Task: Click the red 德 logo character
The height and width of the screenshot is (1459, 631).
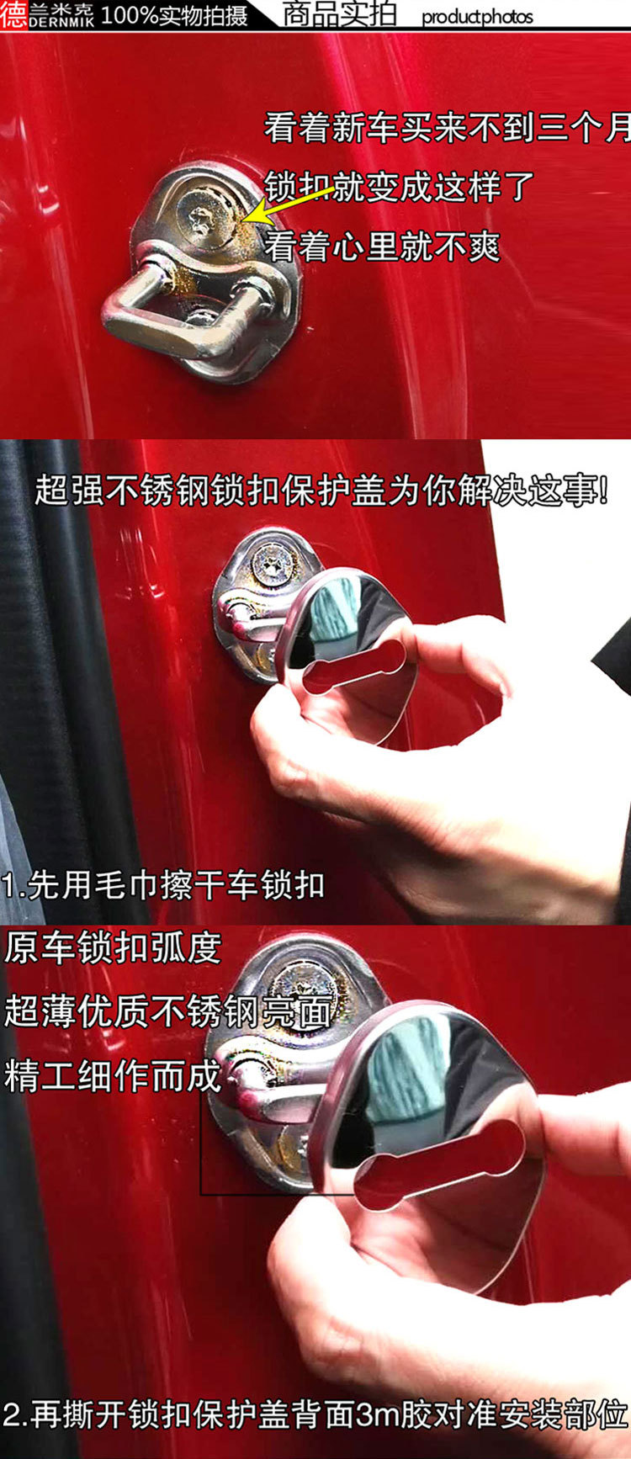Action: [14, 15]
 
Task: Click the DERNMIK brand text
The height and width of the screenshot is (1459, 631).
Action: [61, 24]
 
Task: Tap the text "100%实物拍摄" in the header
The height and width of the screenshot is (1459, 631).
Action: [174, 15]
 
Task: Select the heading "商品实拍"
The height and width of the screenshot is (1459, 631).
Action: [339, 14]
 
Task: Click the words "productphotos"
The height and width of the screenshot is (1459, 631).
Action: [477, 17]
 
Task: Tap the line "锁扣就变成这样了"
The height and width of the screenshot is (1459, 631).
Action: [400, 186]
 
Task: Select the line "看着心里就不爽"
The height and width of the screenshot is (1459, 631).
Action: [383, 247]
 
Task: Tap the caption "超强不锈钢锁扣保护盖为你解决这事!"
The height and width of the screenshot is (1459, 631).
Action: [322, 491]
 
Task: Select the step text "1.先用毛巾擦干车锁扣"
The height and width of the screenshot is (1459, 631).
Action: [163, 885]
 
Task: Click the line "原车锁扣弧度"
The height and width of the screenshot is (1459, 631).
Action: [113, 948]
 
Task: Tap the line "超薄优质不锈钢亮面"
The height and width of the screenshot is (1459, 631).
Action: [167, 1011]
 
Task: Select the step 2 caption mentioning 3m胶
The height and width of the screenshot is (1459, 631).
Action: [315, 1414]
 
